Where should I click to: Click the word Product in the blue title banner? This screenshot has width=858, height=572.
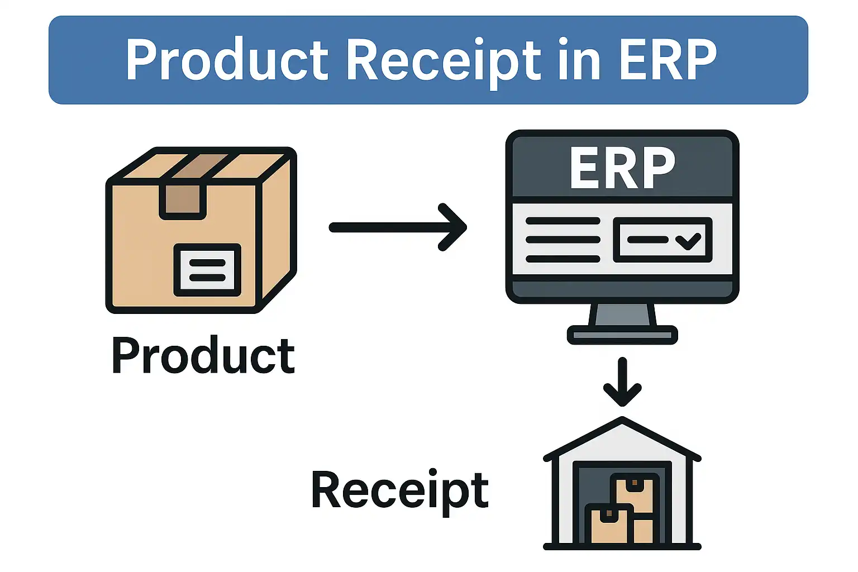226,60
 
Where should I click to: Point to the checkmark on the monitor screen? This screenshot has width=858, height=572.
688,240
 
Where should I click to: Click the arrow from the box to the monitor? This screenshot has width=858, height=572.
398,227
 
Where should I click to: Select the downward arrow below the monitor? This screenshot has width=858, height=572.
622,383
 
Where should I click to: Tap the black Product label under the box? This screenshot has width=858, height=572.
203,356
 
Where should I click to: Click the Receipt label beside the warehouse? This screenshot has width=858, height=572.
400,490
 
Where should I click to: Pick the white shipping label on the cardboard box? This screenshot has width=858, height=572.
207,270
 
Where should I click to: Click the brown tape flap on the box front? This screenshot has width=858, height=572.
183,199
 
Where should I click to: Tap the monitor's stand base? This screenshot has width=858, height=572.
622,335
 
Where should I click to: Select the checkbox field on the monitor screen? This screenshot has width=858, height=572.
662,240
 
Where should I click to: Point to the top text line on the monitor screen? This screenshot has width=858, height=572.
563,221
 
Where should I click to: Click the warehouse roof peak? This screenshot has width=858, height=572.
622,420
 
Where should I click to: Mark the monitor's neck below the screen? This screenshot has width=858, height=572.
622,315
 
